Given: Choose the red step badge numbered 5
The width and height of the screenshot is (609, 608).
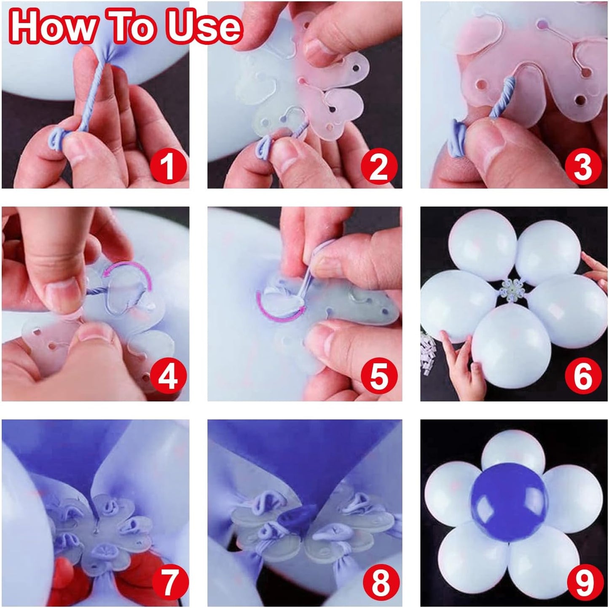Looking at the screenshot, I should click(x=378, y=376).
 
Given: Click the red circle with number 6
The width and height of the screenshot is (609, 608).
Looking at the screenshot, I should click(x=583, y=376).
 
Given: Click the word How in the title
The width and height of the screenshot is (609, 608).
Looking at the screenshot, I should click(x=54, y=26).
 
